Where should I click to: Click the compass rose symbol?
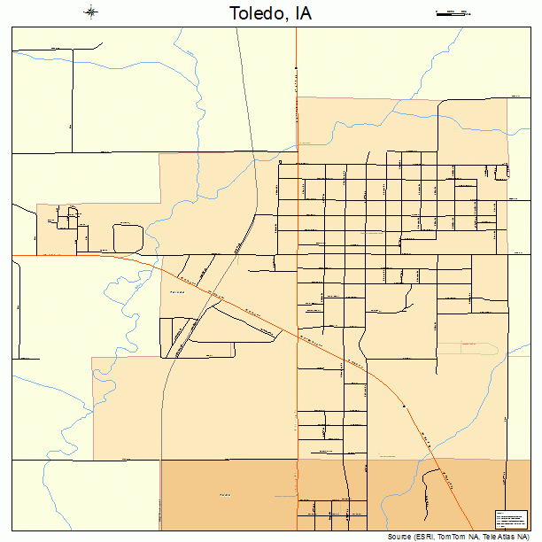click(91, 12)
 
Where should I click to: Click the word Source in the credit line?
click(399, 537)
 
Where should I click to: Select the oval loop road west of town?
click(128, 237)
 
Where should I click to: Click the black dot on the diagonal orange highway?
click(404, 406)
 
